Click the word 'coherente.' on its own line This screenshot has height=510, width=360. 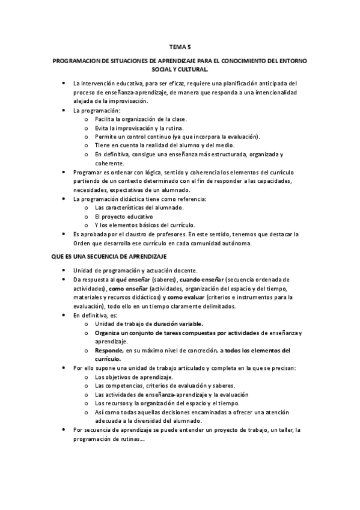point(108,163)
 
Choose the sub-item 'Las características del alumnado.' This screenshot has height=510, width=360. point(138,207)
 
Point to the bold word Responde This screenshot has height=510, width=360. point(108,350)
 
